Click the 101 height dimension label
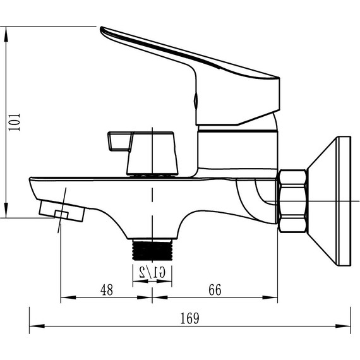[x=15, y=122]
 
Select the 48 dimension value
[x=107, y=290]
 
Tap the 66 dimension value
[x=215, y=289]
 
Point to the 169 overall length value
[x=189, y=318]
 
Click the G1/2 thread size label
[x=152, y=272]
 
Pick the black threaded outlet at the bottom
[x=152, y=250]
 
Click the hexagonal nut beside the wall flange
[x=292, y=201]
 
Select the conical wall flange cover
[x=329, y=201]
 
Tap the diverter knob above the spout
[x=143, y=153]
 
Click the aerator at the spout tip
[x=62, y=211]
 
